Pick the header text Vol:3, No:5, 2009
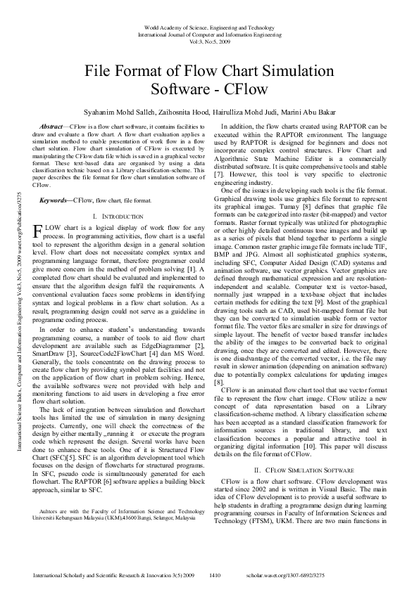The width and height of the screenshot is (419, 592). pos(209,41)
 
